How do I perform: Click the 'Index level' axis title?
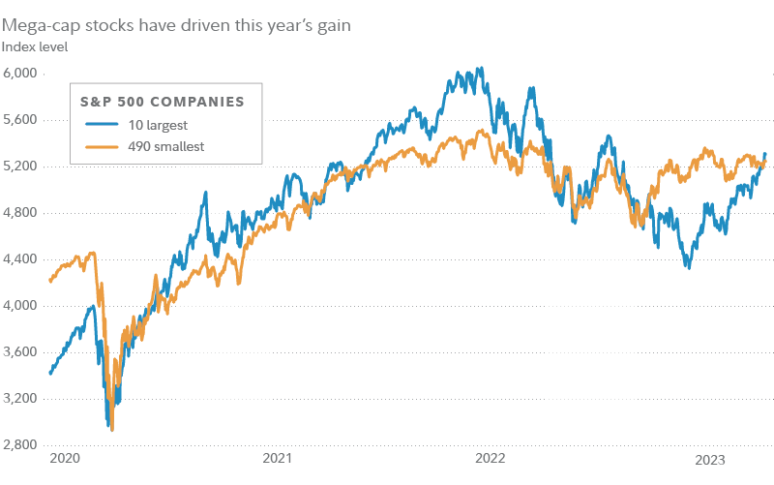(x=34, y=45)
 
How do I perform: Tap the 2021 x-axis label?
(x=278, y=458)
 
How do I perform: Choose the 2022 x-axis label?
(x=491, y=458)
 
